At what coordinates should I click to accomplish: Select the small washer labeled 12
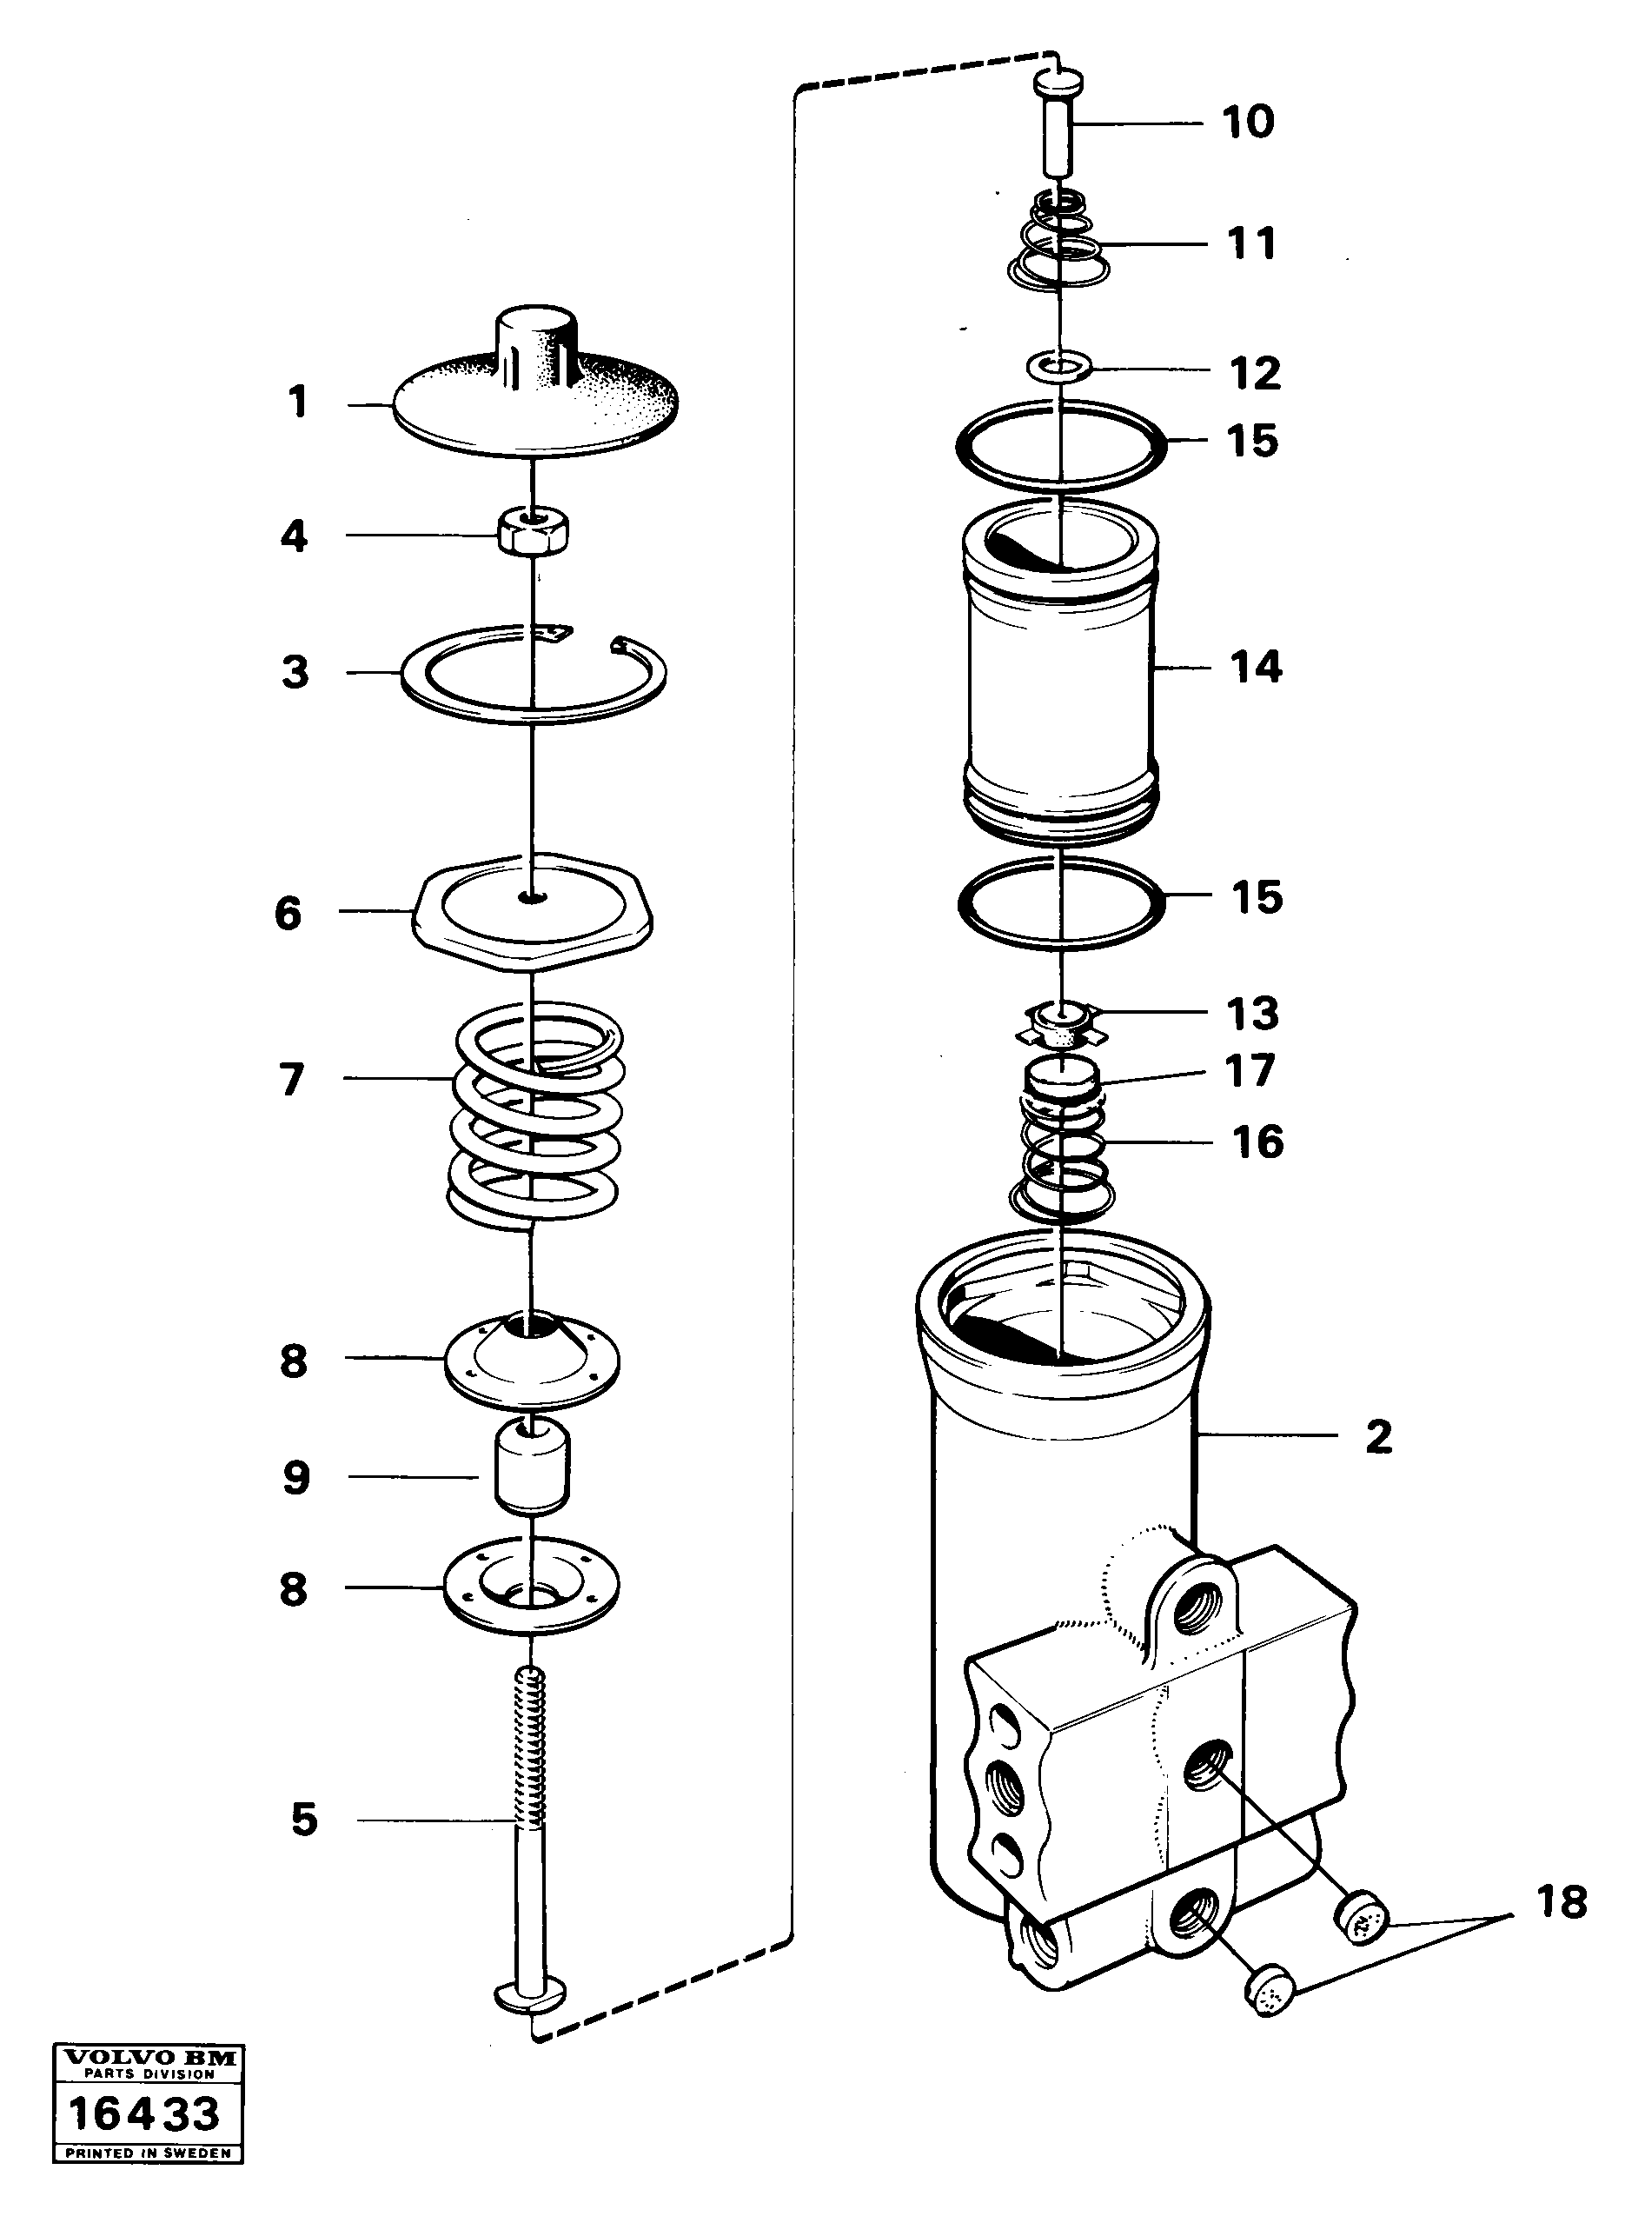pos(1058,368)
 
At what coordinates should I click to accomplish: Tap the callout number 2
pos(1378,1437)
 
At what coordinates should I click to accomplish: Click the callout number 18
pos(1560,1901)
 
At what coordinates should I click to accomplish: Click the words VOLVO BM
pos(148,2057)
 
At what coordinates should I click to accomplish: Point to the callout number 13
pos(1252,1013)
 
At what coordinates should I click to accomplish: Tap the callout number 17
pos(1250,1071)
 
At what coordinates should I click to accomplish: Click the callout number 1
pos(297,402)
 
